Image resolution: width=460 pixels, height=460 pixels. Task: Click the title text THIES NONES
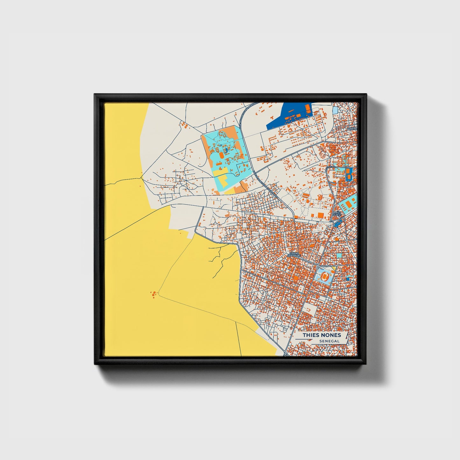click(322, 335)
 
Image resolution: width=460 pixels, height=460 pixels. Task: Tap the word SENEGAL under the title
click(329, 341)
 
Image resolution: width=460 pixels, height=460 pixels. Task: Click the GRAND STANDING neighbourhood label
click(294, 255)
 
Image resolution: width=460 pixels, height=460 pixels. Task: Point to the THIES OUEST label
click(337, 214)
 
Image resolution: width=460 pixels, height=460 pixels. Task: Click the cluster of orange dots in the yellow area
click(154, 294)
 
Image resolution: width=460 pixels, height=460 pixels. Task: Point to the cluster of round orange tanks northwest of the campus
click(184, 125)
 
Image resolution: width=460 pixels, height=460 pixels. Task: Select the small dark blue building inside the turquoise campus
click(226, 149)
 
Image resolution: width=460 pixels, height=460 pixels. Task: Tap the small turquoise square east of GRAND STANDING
click(339, 255)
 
